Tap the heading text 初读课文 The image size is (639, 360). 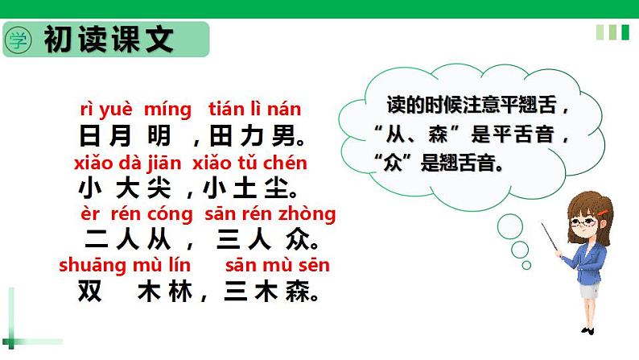pyautogui.click(x=109, y=39)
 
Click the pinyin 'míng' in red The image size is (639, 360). pyautogui.click(x=168, y=109)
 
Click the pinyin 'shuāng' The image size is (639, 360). pyautogui.click(x=90, y=265)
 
